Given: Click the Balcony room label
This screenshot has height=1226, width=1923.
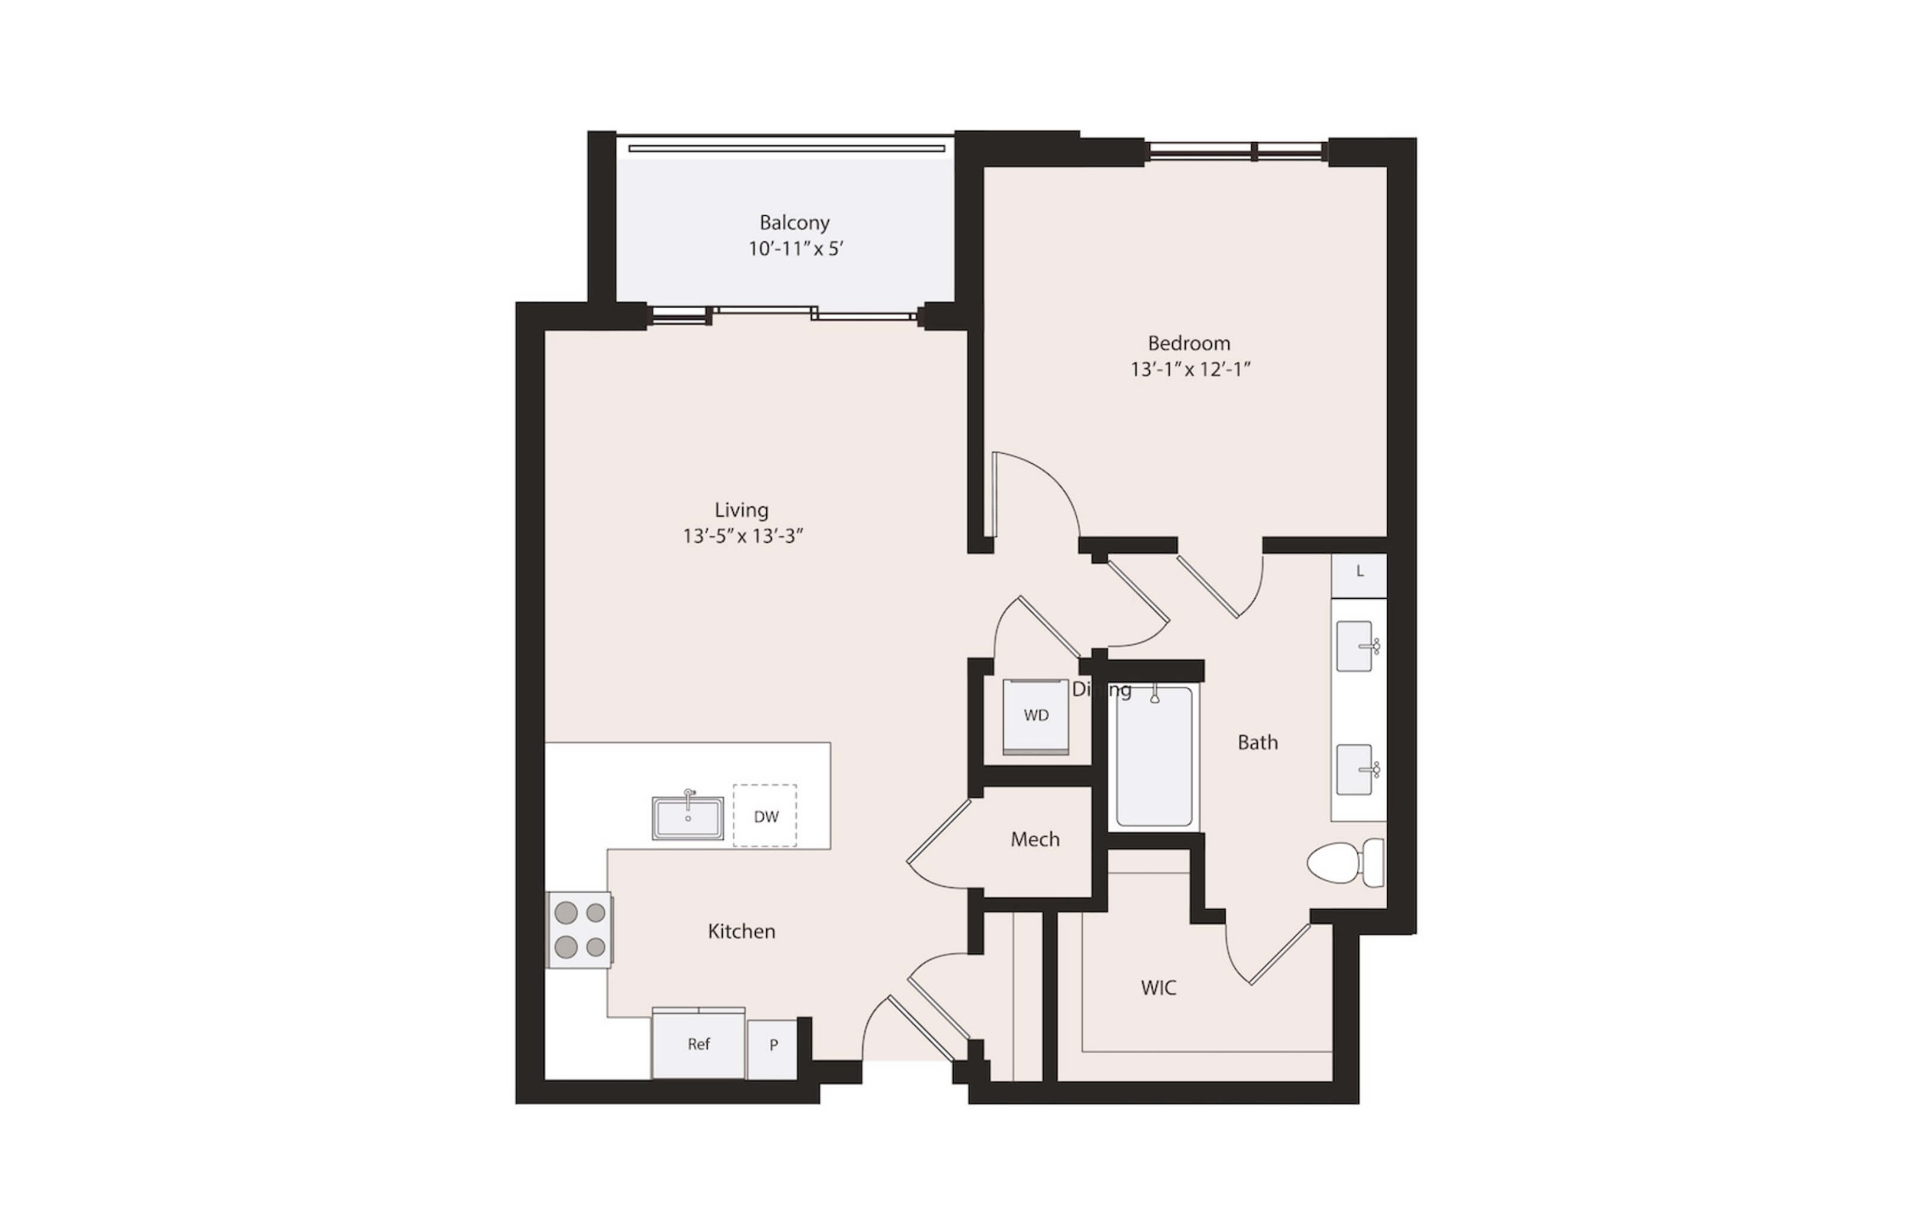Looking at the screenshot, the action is pyautogui.click(x=794, y=223).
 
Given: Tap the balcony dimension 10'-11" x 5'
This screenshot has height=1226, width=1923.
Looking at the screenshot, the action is pyautogui.click(x=795, y=249).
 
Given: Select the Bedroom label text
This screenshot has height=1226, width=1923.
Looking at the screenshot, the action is pyautogui.click(x=1189, y=343).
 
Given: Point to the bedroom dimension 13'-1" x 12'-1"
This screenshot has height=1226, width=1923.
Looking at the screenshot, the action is pyautogui.click(x=1190, y=370).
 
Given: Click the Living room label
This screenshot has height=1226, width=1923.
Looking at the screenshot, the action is pyautogui.click(x=742, y=510).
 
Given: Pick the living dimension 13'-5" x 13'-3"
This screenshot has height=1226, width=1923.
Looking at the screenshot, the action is pyautogui.click(x=742, y=536).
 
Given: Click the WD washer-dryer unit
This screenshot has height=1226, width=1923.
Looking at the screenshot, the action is pyautogui.click(x=1036, y=716).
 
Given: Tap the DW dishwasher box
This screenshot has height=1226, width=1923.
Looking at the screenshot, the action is pyautogui.click(x=765, y=816).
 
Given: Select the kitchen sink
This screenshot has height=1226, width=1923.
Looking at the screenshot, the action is pyautogui.click(x=688, y=817).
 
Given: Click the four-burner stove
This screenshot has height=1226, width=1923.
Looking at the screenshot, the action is pyautogui.click(x=580, y=929).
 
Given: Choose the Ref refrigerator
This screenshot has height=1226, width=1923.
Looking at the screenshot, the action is pyautogui.click(x=698, y=1043).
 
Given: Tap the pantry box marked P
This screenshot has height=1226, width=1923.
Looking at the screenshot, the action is pyautogui.click(x=773, y=1049).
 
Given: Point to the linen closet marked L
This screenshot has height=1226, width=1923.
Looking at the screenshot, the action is pyautogui.click(x=1359, y=575).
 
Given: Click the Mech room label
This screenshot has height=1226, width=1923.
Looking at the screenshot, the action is pyautogui.click(x=1035, y=839).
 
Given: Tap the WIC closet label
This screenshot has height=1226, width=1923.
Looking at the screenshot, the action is pyautogui.click(x=1159, y=987).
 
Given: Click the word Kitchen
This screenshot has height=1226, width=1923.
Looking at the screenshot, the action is pyautogui.click(x=742, y=931).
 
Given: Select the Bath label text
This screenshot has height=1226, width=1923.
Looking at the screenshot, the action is pyautogui.click(x=1258, y=743).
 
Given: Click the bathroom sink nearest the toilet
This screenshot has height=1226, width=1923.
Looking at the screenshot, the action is pyautogui.click(x=1356, y=770).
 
